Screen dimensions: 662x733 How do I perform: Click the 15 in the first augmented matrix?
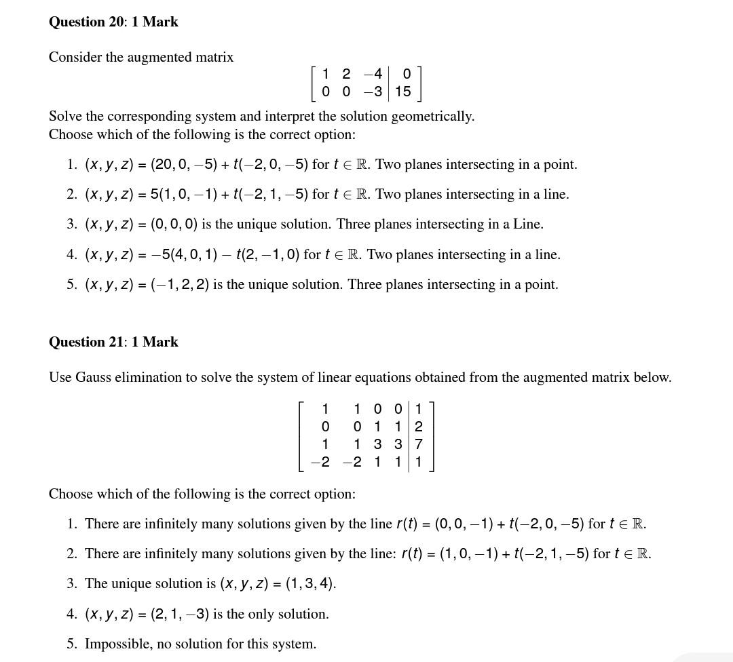(403, 91)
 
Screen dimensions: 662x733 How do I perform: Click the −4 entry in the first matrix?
(373, 74)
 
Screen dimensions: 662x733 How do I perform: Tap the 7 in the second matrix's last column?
(418, 444)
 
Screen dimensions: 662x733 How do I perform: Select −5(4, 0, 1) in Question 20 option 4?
(185, 254)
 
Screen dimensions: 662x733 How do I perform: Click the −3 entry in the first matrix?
(373, 91)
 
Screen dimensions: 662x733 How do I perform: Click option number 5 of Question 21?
(71, 644)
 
